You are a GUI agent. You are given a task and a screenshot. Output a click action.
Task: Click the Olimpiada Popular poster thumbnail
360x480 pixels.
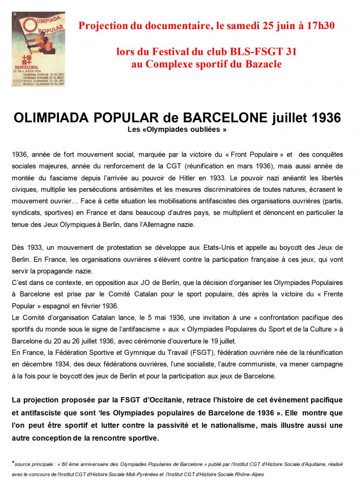pos(38,49)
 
